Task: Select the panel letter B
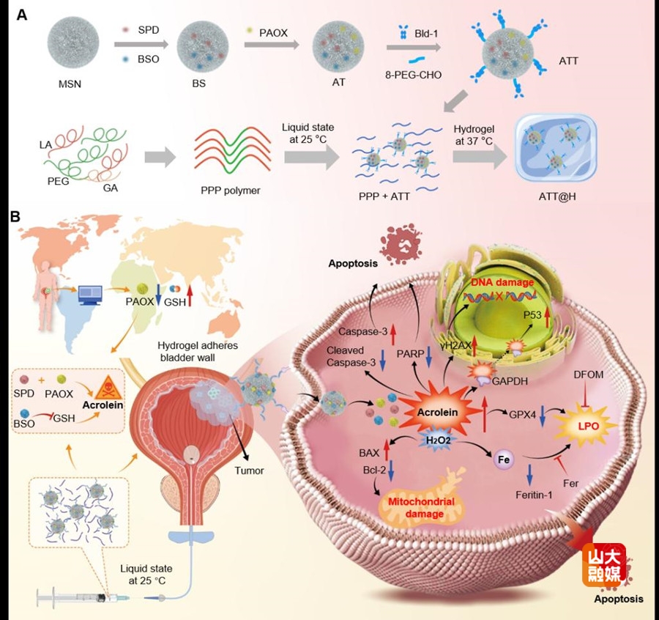[15, 218]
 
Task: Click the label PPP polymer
[230, 191]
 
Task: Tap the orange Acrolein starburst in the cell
[437, 412]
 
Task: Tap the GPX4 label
[522, 413]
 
